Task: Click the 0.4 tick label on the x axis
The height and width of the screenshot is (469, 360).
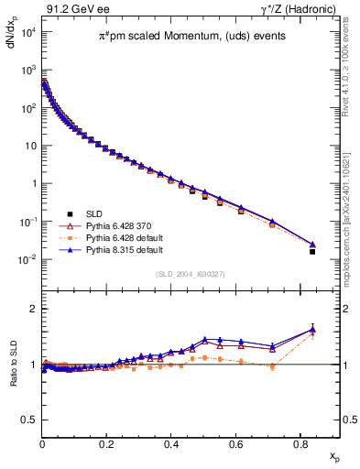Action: [x=171, y=444]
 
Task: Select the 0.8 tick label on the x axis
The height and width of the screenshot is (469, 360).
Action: [x=300, y=444]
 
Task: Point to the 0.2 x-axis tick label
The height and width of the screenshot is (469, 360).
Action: [x=106, y=444]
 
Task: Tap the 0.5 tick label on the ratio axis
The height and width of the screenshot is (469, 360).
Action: [x=28, y=420]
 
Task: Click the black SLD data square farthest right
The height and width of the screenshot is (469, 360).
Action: [x=313, y=251]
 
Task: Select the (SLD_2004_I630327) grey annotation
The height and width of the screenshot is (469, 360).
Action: [x=190, y=273]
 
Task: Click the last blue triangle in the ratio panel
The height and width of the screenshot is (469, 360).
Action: [x=313, y=329]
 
